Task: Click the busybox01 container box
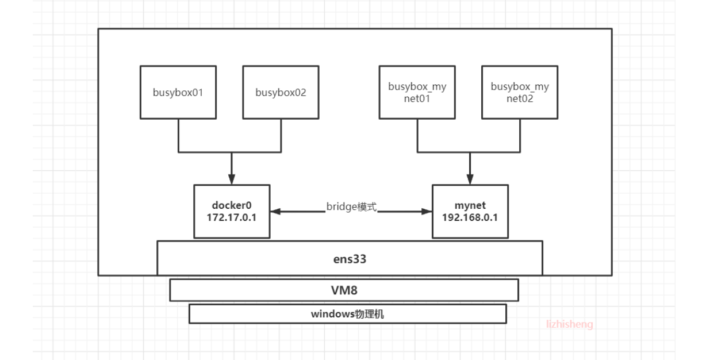click(178, 93)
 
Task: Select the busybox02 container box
click(281, 93)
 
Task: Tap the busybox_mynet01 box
click(417, 93)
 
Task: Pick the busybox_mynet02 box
click(520, 93)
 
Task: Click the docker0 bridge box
click(232, 212)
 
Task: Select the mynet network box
click(470, 212)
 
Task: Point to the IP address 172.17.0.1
click(232, 219)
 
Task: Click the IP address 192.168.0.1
click(470, 219)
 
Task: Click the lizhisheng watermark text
click(569, 324)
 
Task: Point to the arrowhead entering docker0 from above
click(231, 179)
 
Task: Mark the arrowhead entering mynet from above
click(470, 179)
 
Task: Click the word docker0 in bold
click(232, 205)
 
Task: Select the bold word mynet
click(470, 205)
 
